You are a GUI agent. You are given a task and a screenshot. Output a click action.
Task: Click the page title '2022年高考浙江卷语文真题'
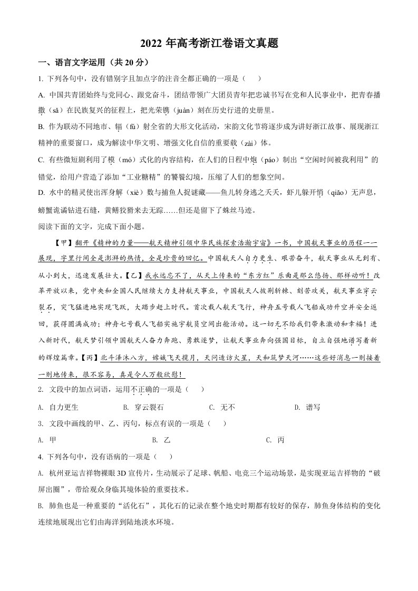click(209, 44)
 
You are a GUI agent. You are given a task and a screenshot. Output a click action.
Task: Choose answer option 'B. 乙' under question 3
click(161, 440)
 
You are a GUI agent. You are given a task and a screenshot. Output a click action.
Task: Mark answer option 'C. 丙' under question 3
click(275, 440)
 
